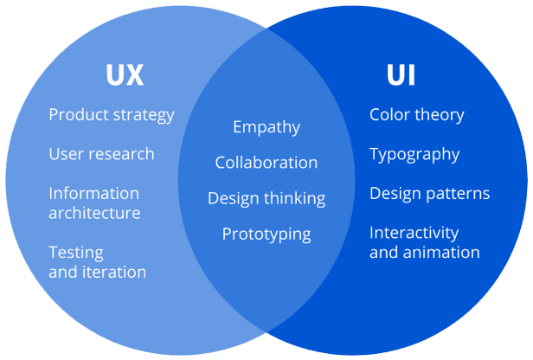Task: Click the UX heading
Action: pos(124,75)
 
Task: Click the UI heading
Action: pos(401,75)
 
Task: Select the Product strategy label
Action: pos(112,115)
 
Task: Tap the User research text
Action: pos(101,154)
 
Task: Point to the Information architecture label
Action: pos(94,202)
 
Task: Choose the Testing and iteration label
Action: pos(97,262)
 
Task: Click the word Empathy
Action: pos(266,127)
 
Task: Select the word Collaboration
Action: pos(266,163)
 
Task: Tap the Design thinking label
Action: pos(266,198)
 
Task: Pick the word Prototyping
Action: pos(266,234)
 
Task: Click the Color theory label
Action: pos(417,115)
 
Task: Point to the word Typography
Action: pos(414,154)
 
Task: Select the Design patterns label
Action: pos(430,193)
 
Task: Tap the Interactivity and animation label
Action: pos(424,242)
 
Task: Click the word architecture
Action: pos(94,213)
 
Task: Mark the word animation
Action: pos(440,253)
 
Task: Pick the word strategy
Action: pos(144,115)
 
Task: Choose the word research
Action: pos(124,154)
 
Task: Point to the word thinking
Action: pos(295,198)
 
